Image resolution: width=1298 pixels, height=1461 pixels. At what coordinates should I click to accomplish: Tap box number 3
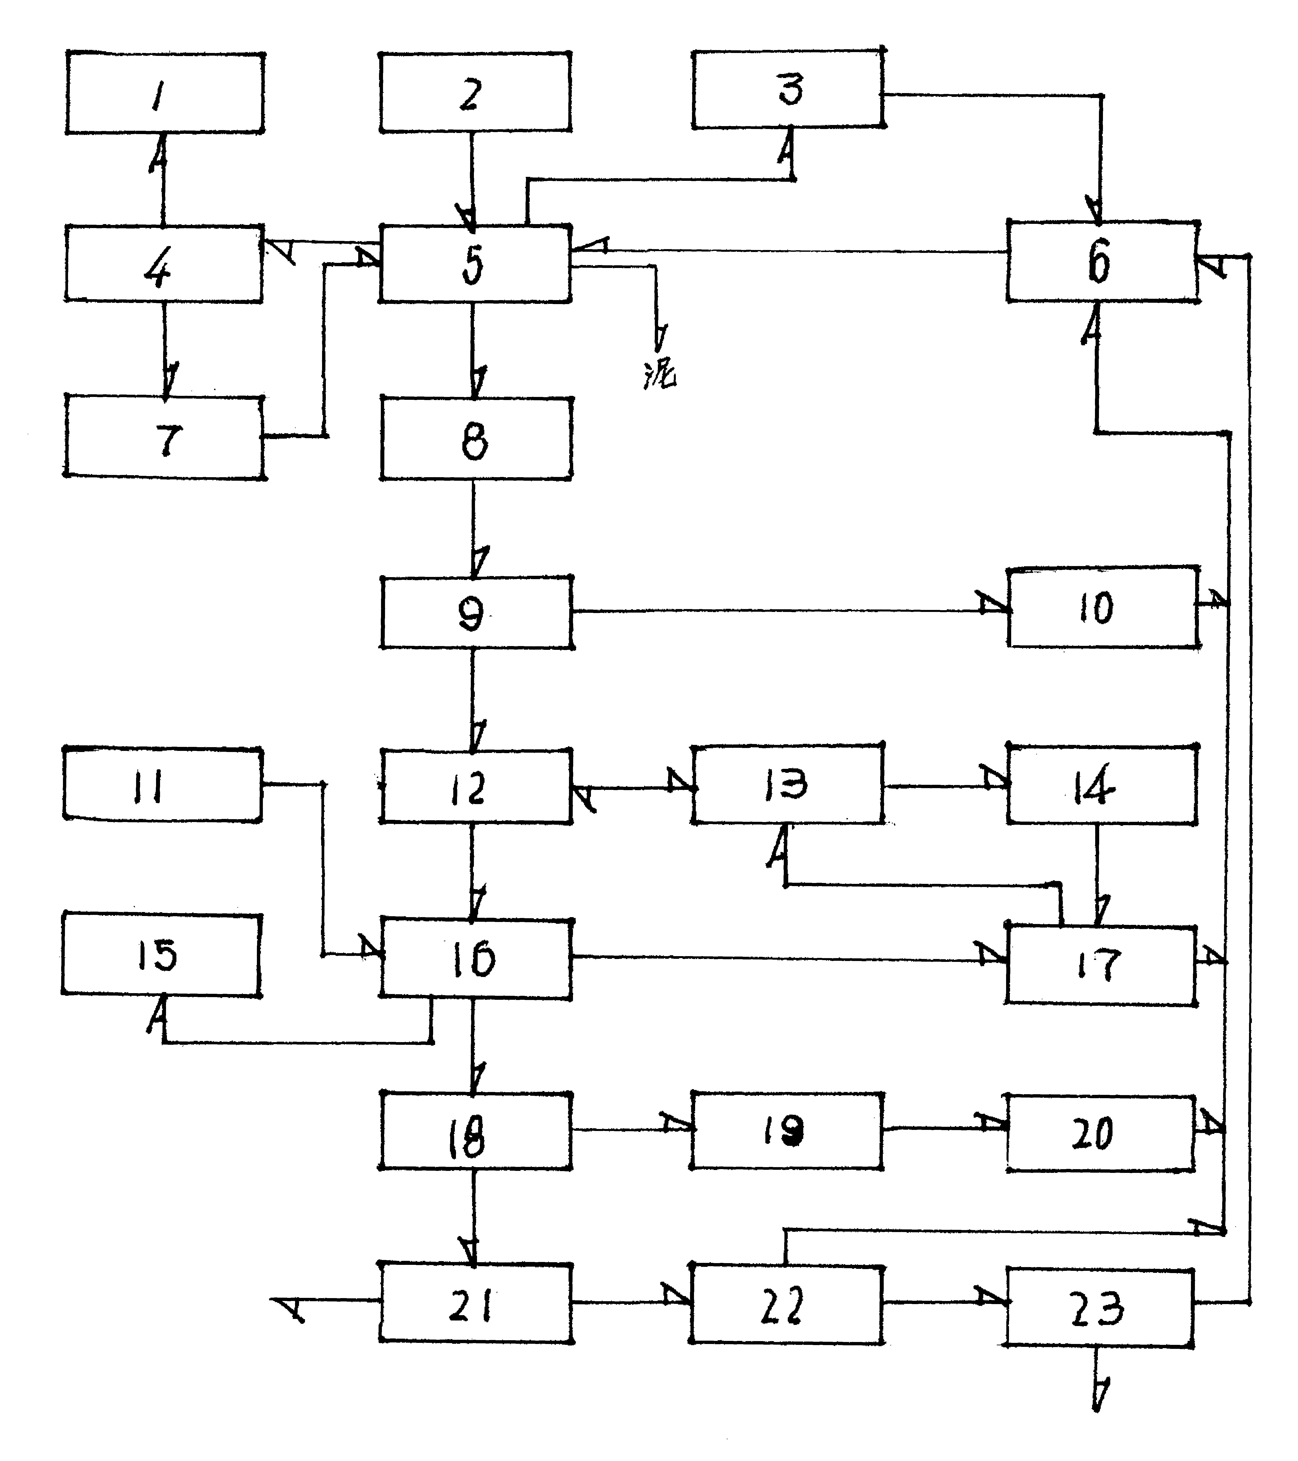(x=788, y=89)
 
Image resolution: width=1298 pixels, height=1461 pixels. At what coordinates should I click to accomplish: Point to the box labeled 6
(x=1101, y=262)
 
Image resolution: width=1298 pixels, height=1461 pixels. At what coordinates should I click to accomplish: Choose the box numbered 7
(x=164, y=438)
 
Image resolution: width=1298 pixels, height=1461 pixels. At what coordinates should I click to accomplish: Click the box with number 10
(x=1101, y=607)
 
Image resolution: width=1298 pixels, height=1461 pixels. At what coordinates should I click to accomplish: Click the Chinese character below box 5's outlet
(x=659, y=373)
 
